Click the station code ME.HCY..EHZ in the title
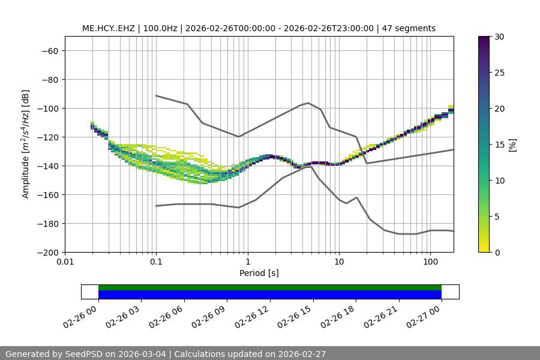click(x=109, y=28)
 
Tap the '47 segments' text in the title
click(x=410, y=28)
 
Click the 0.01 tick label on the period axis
click(x=65, y=262)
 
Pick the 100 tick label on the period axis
click(x=430, y=262)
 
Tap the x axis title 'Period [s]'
click(x=259, y=273)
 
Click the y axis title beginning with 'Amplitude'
click(x=26, y=144)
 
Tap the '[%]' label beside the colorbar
click(x=512, y=144)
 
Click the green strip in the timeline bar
click(x=270, y=287)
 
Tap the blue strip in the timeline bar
click(x=270, y=295)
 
